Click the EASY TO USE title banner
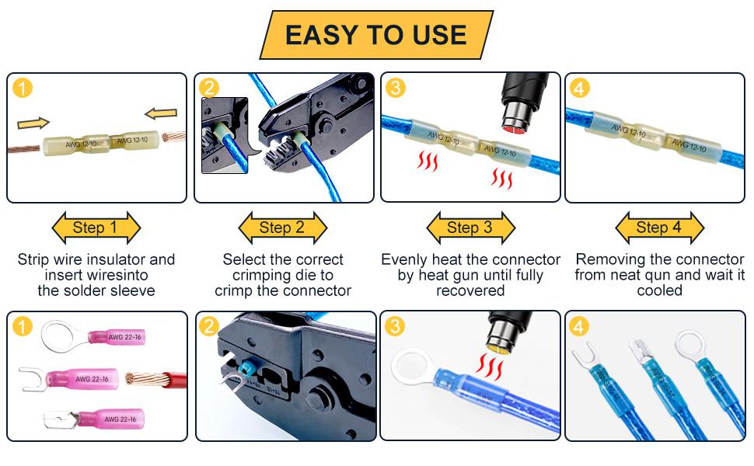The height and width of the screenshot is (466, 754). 375,35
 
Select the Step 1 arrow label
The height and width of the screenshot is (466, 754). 95,228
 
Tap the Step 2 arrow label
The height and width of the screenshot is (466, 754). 282,228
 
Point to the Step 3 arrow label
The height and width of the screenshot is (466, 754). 470,228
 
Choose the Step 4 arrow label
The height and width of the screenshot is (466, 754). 658,228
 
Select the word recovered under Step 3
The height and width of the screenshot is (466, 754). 470,290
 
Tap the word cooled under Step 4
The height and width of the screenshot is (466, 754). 659,290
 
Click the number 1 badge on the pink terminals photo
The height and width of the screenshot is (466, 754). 23,327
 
